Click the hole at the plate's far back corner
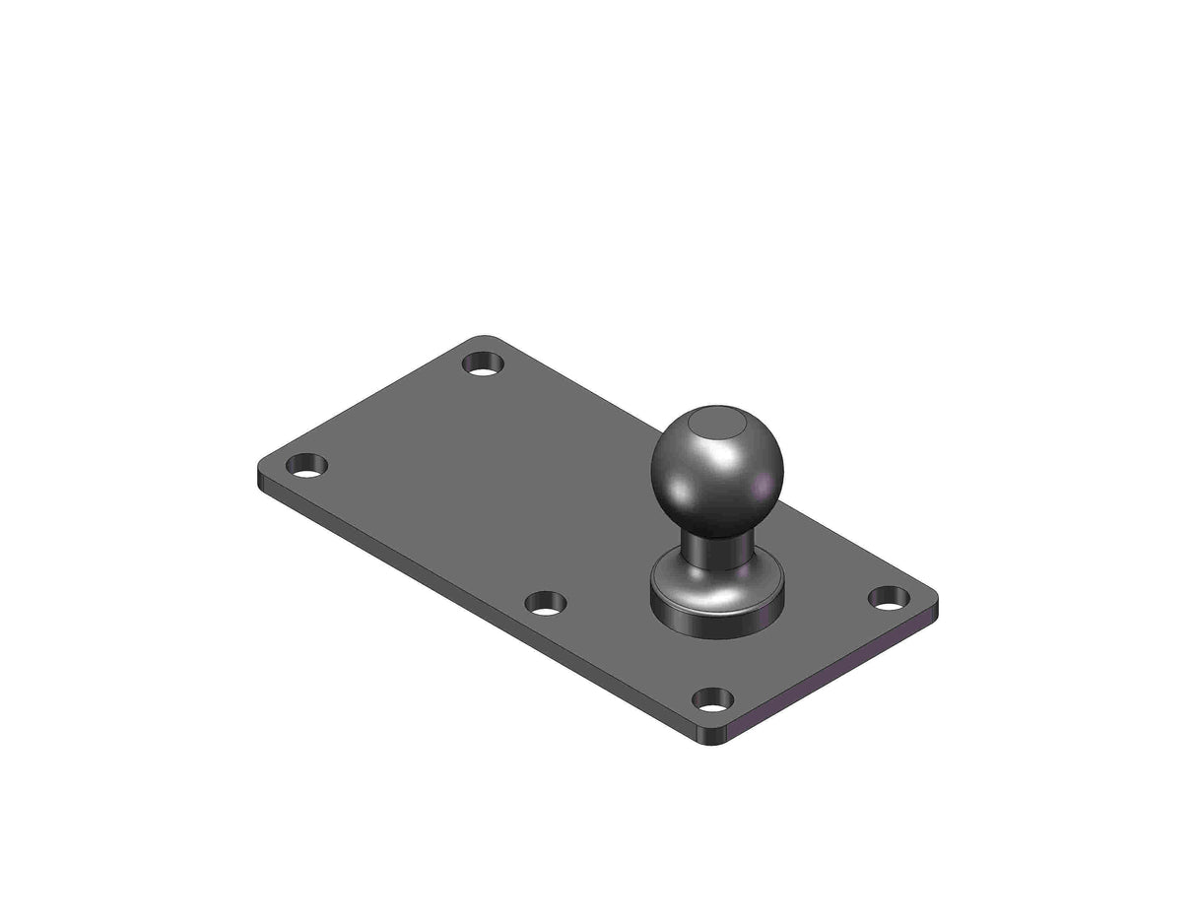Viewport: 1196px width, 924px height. (483, 363)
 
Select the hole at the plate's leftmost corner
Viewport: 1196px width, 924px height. (306, 465)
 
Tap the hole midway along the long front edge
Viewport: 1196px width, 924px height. (545, 603)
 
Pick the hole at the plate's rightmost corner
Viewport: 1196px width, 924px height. (889, 597)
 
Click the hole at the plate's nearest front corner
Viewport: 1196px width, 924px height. (712, 699)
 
